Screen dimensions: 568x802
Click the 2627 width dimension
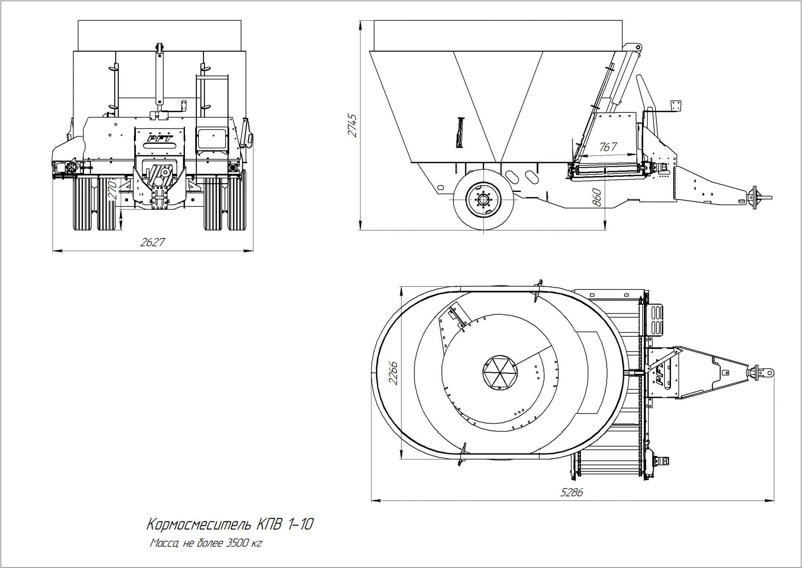tap(152, 242)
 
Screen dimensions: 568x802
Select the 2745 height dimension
tap(353, 125)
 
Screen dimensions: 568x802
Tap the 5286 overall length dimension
tap(571, 492)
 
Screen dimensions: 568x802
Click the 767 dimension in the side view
tap(608, 147)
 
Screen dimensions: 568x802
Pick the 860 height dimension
tap(597, 197)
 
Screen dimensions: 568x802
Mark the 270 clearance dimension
tap(113, 190)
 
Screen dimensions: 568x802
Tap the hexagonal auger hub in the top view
tap(500, 372)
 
